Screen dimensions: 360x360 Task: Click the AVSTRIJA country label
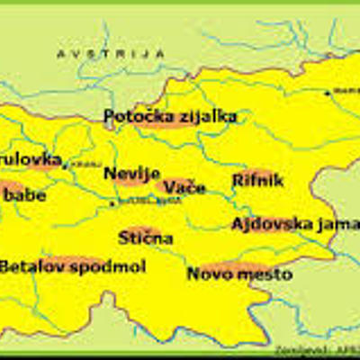click(x=111, y=54)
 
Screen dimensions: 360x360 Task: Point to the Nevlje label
click(x=131, y=173)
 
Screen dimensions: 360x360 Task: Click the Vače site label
click(x=184, y=186)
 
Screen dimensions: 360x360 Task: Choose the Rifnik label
click(x=257, y=181)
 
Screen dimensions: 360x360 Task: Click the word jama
click(x=337, y=224)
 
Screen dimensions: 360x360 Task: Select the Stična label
click(x=146, y=238)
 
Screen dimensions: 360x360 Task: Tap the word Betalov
click(x=32, y=266)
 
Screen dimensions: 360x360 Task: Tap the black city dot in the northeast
click(x=326, y=91)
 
